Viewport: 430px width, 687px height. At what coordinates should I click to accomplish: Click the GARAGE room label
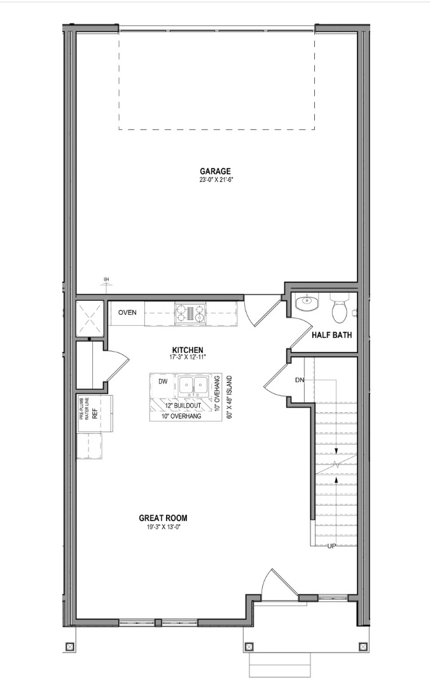point(215,170)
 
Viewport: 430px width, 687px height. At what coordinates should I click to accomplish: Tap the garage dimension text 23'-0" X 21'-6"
point(215,180)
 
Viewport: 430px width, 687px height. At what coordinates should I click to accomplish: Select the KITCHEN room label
point(188,350)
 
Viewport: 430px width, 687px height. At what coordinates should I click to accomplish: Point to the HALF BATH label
point(331,336)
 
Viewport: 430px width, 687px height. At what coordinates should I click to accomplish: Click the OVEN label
point(127,312)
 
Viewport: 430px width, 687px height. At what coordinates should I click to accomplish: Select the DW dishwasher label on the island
point(163,382)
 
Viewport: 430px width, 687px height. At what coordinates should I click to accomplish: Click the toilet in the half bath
point(339,308)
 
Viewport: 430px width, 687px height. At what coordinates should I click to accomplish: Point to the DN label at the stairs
point(300,380)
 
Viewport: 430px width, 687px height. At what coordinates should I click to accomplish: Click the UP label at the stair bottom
point(331,546)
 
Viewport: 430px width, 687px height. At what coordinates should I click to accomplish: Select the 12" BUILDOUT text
point(182,405)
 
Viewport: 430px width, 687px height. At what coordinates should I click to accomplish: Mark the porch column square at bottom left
point(69,647)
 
